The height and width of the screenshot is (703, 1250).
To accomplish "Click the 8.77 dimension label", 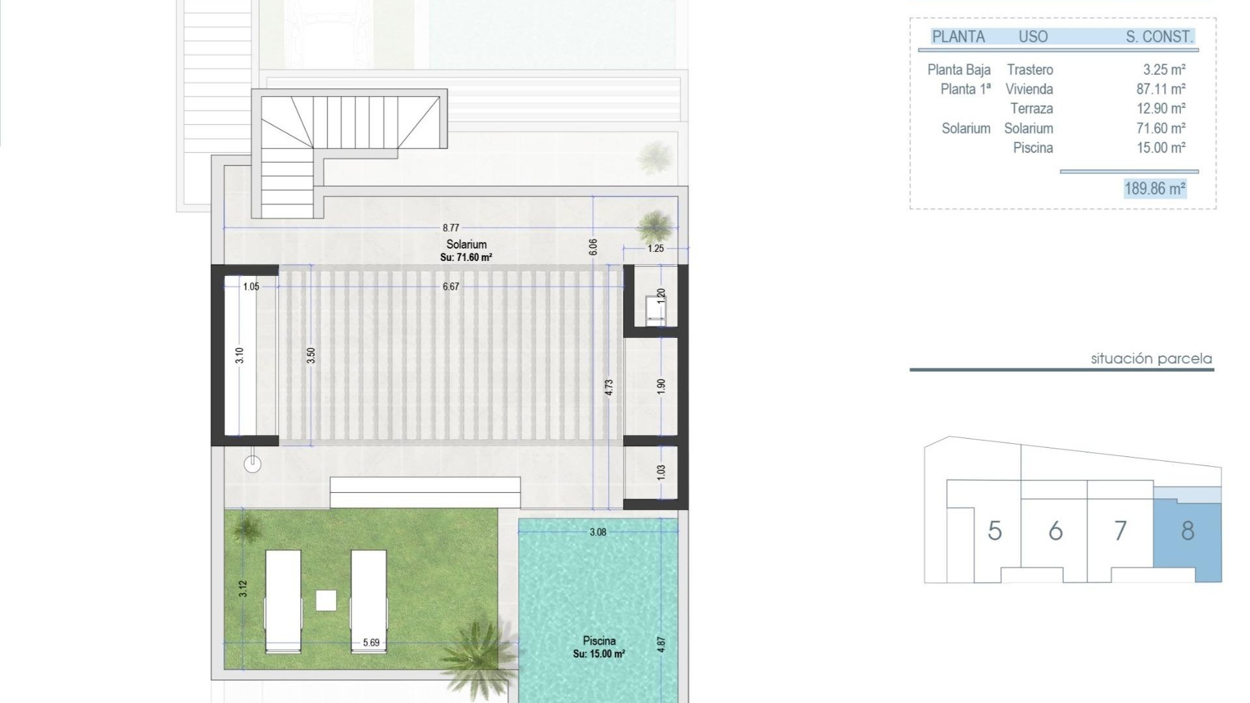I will (451, 228).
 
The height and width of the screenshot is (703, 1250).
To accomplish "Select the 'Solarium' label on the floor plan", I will (466, 244).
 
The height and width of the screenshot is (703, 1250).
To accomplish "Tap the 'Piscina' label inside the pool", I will (599, 641).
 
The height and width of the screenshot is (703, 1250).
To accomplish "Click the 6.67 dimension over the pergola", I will (451, 286).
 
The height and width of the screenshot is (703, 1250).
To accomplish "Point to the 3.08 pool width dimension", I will (598, 532).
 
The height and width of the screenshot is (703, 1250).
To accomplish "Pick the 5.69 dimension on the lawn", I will (371, 642).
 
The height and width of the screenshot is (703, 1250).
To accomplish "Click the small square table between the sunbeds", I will (326, 600).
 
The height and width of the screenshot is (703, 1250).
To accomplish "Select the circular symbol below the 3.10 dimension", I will (253, 464).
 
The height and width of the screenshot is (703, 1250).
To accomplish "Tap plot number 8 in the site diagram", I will (1187, 531).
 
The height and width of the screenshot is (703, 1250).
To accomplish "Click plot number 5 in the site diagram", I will (994, 531).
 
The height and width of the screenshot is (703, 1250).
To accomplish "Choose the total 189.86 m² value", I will (1155, 189).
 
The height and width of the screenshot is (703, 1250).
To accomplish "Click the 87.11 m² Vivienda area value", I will (1161, 89).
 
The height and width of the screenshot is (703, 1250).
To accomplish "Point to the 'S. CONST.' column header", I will (1160, 37).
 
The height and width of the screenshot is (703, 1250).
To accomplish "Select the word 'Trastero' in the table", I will (1030, 70).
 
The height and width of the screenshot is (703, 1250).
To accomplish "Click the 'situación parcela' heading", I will (1151, 359).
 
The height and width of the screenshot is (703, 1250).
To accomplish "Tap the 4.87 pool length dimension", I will (661, 644).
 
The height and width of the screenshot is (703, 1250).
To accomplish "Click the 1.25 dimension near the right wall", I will (656, 248).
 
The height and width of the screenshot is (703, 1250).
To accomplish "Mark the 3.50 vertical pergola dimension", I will (311, 355).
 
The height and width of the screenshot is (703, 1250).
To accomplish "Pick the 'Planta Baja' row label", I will (958, 70).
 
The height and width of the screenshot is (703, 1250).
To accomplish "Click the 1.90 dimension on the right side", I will (661, 386).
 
